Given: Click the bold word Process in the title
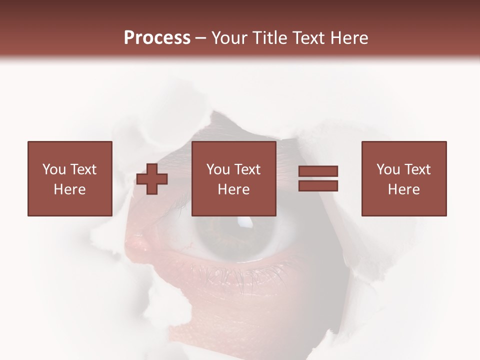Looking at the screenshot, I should (157, 38).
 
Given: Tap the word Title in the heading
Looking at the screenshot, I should (270, 38).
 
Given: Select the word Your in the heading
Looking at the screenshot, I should (230, 38).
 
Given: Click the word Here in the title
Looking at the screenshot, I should (349, 38).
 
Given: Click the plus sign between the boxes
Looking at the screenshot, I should (152, 179).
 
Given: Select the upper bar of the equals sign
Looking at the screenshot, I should (318, 171).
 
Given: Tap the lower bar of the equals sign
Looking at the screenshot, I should (318, 186).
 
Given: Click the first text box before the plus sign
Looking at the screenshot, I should (70, 179).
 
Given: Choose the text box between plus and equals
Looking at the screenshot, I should (234, 179).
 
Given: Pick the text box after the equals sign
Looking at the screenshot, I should (404, 179).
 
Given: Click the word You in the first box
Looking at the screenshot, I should (54, 169).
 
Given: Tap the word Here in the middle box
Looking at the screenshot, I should (234, 189).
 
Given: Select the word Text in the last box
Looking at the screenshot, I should (417, 169).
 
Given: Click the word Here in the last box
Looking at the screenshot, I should (404, 189).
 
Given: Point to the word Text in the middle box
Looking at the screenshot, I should (247, 169).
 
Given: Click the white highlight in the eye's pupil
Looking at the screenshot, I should (244, 221).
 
